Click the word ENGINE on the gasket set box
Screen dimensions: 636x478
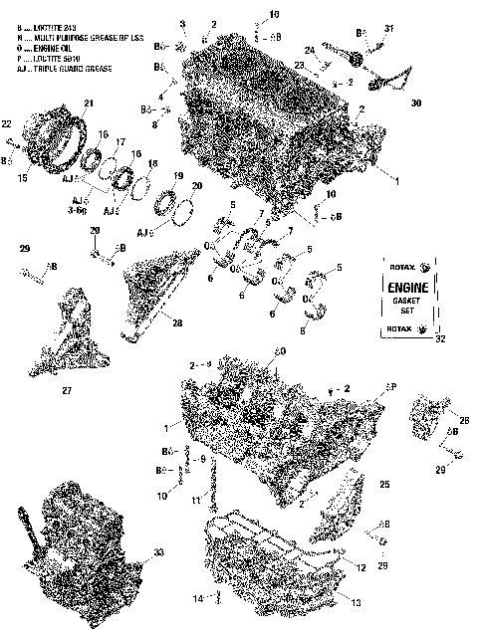pos(410,287)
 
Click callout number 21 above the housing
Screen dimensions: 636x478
pos(88,104)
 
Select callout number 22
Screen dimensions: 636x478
pos(7,123)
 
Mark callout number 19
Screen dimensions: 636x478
pos(178,176)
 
